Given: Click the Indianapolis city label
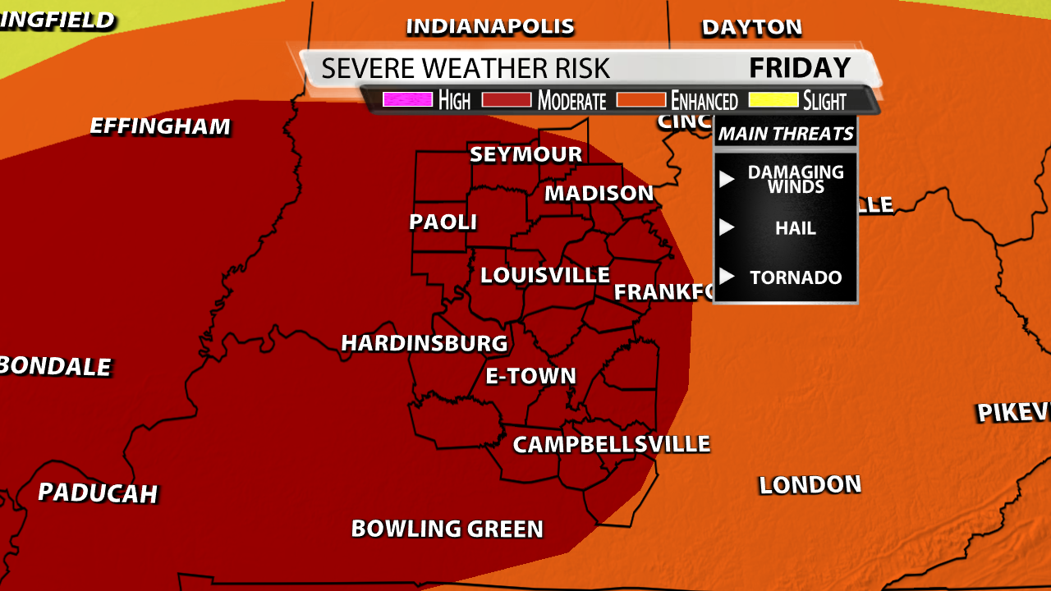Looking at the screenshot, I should [x=490, y=26].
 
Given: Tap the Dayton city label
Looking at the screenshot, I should [x=751, y=28].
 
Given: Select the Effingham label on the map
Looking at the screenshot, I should [x=160, y=126].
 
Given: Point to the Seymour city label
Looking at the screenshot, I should [x=525, y=154].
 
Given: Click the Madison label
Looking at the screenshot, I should [x=599, y=193].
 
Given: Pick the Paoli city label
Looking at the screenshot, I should [x=443, y=222].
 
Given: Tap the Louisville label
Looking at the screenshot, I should [x=544, y=275].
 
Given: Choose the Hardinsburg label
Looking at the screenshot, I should [x=425, y=342].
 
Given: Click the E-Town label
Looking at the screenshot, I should [x=531, y=376].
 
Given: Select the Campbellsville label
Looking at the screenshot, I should [x=611, y=444].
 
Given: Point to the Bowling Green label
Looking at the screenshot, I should [x=447, y=529].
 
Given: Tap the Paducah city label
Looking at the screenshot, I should [x=98, y=492].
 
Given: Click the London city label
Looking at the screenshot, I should [x=810, y=485].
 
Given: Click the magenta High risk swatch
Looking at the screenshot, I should [x=407, y=100].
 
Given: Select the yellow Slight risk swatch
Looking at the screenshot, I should [x=772, y=100].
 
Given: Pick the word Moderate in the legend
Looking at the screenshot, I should [x=571, y=101].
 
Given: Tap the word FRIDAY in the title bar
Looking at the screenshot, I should [x=800, y=67].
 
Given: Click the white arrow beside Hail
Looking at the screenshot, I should [x=727, y=227].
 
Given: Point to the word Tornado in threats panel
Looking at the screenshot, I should [x=796, y=277].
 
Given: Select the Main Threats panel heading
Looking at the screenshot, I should [x=786, y=134].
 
